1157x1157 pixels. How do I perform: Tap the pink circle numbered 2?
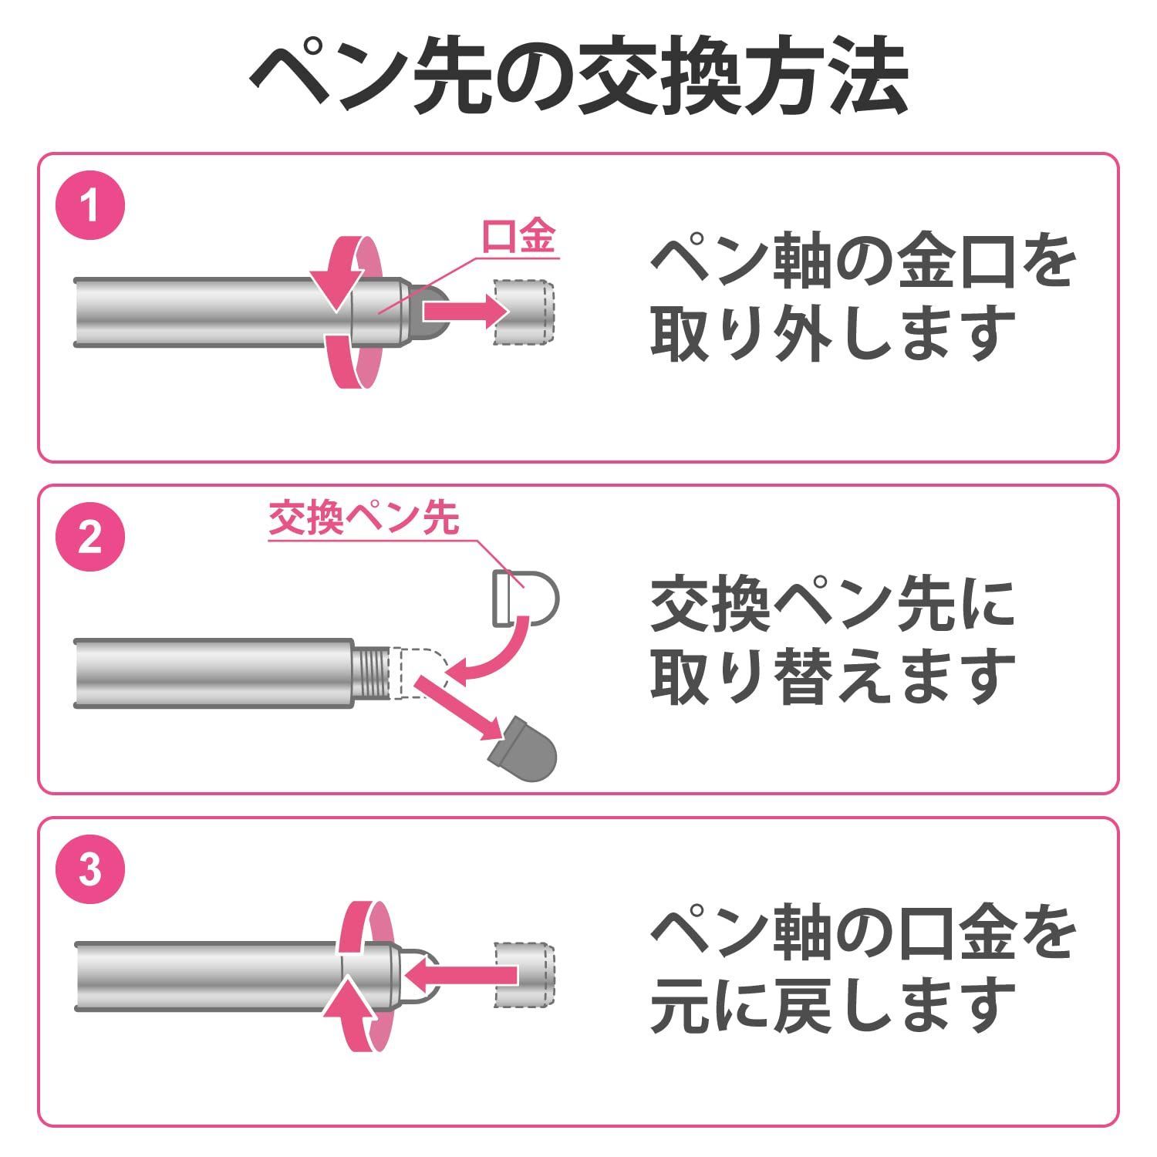click(90, 538)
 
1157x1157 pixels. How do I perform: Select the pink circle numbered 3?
click(90, 870)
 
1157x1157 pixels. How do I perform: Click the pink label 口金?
click(518, 236)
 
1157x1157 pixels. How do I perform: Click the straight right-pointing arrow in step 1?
click(464, 310)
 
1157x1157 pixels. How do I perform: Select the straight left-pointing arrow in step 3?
click(460, 975)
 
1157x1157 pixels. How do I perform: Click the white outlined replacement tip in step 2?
click(525, 599)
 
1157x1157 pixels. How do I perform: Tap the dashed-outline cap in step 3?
click(524, 974)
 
